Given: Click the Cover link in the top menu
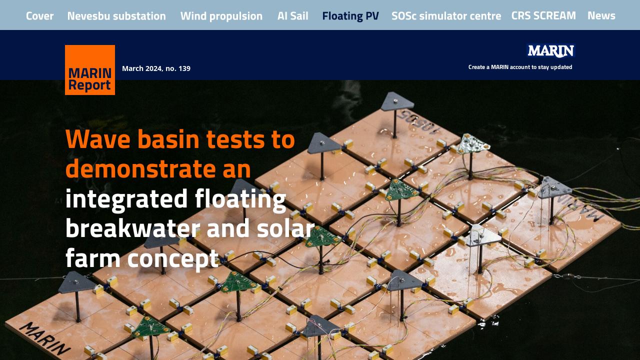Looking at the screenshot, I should click(x=39, y=16).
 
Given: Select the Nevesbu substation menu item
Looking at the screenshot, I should click(x=116, y=16).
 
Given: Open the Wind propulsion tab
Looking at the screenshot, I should click(x=221, y=16).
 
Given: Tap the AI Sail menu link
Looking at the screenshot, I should click(x=293, y=16).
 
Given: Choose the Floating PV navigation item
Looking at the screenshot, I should click(x=350, y=16).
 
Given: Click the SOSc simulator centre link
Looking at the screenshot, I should click(x=446, y=16).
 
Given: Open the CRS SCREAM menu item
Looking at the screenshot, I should click(x=543, y=15).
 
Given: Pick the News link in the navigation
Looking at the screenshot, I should click(x=601, y=15).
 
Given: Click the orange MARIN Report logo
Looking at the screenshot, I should click(x=90, y=70).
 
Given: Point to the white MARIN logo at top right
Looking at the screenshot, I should click(x=550, y=50).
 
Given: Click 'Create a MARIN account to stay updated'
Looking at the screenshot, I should click(x=520, y=67).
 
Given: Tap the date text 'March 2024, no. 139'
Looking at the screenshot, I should click(x=156, y=68).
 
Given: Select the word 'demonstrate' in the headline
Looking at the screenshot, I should click(x=137, y=168).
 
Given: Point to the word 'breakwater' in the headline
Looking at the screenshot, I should click(x=132, y=228).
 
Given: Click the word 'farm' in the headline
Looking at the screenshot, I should click(x=93, y=257).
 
